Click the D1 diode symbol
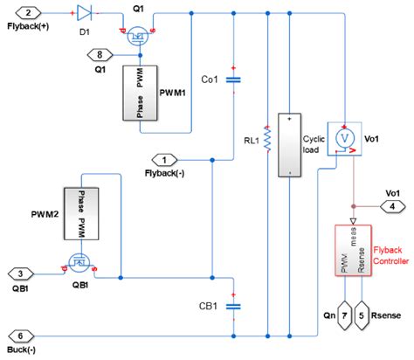[85, 13]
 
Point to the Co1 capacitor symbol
[232, 80]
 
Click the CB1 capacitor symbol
[232, 306]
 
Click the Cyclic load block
[286, 145]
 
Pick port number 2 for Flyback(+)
[30, 13]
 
